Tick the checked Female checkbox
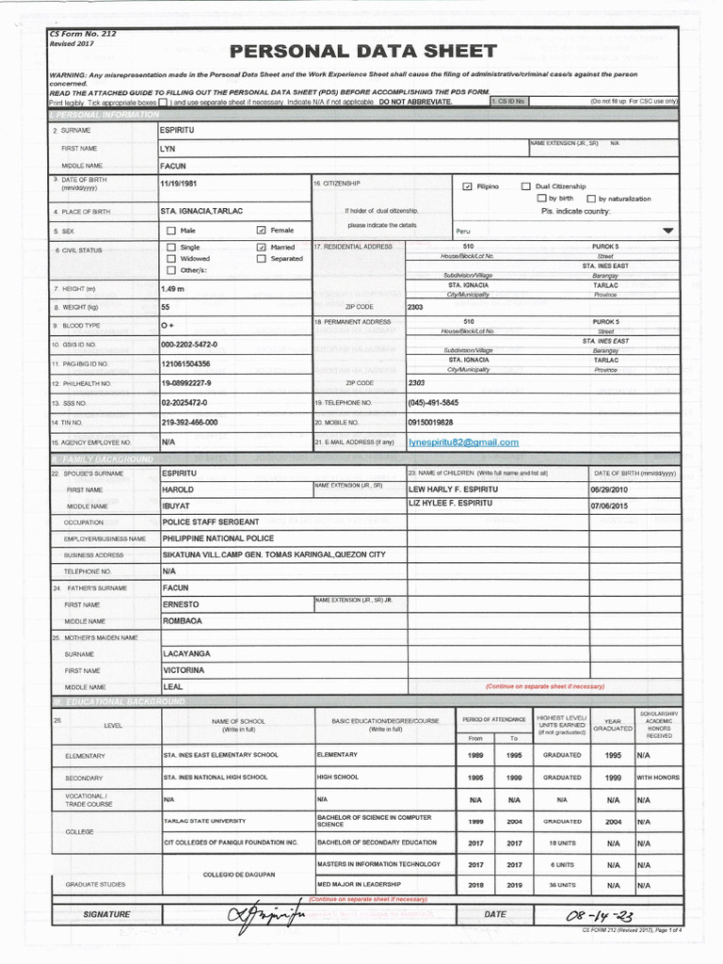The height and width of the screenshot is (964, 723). click(262, 230)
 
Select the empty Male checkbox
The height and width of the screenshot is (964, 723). click(170, 230)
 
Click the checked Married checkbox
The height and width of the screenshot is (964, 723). click(262, 247)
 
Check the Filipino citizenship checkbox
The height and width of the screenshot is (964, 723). click(467, 186)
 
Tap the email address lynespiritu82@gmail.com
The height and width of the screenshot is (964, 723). click(463, 442)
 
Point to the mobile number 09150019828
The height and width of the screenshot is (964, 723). click(430, 423)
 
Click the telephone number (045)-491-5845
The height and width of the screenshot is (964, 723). click(433, 402)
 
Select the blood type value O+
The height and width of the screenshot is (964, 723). click(169, 325)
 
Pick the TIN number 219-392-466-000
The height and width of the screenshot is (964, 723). click(189, 423)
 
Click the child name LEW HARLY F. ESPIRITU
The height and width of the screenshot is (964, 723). click(453, 490)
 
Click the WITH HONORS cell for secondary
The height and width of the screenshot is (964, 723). click(658, 778)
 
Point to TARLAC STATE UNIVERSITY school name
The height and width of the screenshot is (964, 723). click(205, 821)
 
